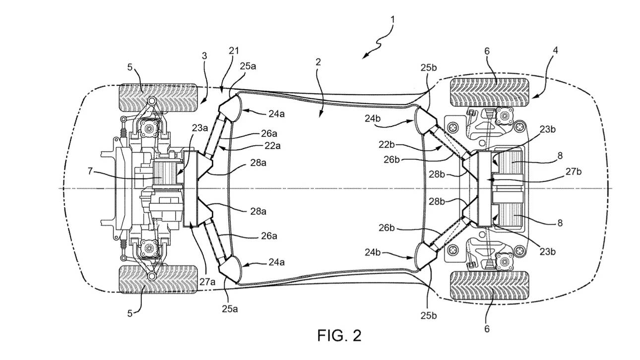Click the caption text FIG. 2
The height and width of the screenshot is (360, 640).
pyautogui.click(x=339, y=335)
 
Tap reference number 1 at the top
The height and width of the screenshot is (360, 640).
pyautogui.click(x=392, y=20)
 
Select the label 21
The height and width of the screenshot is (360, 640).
pyautogui.click(x=234, y=51)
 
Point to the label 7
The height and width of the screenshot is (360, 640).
pyautogui.click(x=90, y=171)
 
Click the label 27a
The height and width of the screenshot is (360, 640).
pyautogui.click(x=207, y=282)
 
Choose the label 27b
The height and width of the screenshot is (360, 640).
pyautogui.click(x=574, y=172)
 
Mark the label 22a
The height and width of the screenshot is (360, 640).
pyautogui.click(x=272, y=146)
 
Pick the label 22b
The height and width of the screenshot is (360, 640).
pyautogui.click(x=387, y=145)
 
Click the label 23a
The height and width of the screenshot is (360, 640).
pyautogui.click(x=200, y=128)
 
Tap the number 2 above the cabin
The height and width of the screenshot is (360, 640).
pyautogui.click(x=319, y=62)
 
